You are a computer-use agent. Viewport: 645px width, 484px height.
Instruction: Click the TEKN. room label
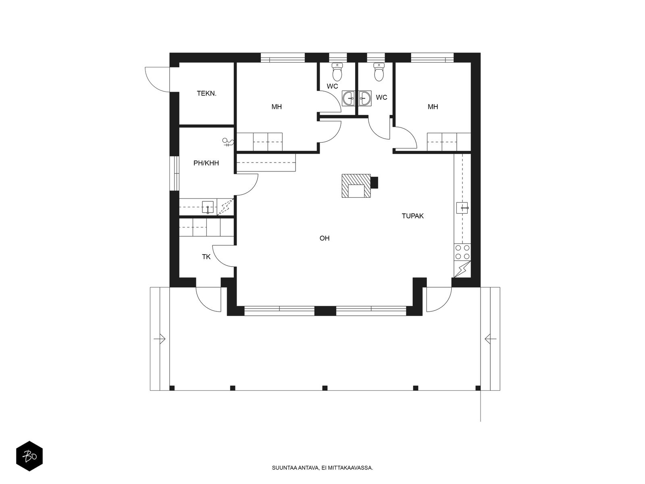[206, 94]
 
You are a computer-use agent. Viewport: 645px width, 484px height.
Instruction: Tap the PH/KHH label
[206, 163]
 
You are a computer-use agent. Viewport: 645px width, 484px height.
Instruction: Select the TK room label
[206, 257]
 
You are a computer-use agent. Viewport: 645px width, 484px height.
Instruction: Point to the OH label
[325, 238]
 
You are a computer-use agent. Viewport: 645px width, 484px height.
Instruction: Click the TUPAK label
[412, 216]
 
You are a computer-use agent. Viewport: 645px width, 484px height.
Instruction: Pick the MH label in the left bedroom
[277, 106]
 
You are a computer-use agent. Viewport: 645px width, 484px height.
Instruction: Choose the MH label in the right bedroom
[433, 106]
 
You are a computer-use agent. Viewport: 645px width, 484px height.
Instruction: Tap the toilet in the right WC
[379, 71]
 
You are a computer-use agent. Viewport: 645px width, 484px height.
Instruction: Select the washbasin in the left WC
[349, 98]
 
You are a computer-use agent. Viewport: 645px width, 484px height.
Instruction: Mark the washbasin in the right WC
[365, 98]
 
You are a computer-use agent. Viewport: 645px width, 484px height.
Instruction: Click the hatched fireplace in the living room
[356, 186]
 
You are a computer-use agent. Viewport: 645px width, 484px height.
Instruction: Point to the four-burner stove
[462, 252]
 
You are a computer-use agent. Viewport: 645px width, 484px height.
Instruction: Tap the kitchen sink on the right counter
[462, 208]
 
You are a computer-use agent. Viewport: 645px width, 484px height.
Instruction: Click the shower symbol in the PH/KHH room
[228, 142]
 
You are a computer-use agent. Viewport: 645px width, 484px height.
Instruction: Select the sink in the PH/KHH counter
[208, 207]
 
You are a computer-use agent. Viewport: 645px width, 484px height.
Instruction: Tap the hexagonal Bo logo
[29, 456]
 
